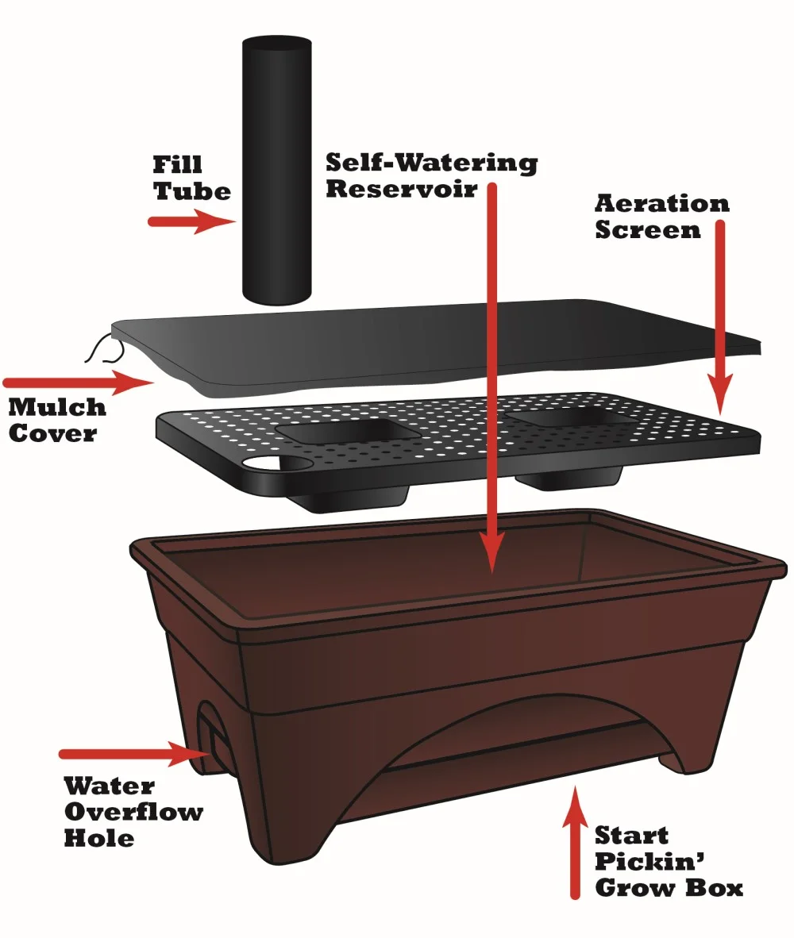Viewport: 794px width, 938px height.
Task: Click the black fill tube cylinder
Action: point(276,171)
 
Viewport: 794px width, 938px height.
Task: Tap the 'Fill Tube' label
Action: point(191,178)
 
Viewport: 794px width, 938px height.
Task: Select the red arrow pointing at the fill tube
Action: point(191,222)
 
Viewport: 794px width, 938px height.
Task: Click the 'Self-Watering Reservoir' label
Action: point(431,175)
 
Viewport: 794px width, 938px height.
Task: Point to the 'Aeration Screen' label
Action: point(661,217)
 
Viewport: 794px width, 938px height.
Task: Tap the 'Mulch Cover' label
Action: point(57,420)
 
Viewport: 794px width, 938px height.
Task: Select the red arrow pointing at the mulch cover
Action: point(78,383)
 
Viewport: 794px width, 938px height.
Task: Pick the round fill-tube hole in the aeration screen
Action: point(264,463)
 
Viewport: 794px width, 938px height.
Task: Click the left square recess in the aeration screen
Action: point(339,432)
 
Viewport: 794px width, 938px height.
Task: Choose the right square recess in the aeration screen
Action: point(569,417)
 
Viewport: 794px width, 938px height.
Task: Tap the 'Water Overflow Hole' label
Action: point(133,812)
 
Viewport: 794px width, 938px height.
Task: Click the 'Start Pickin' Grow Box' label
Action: point(669,862)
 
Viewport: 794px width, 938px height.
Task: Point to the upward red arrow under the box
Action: point(575,844)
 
